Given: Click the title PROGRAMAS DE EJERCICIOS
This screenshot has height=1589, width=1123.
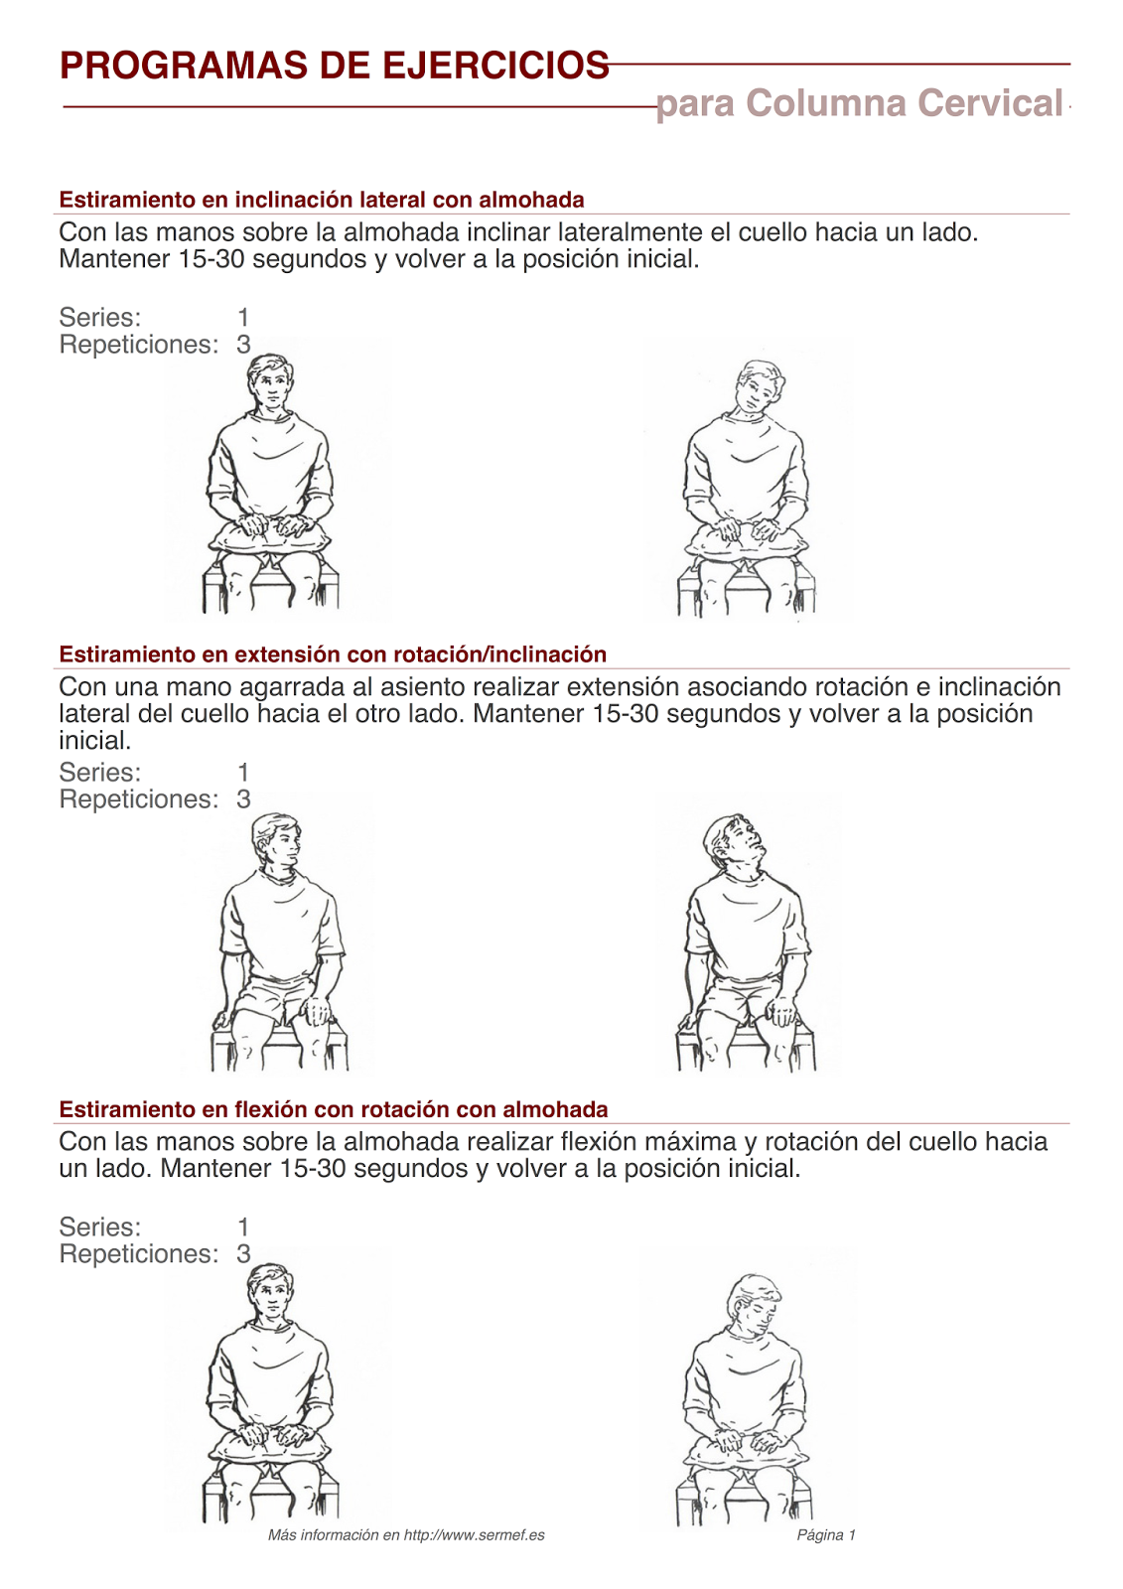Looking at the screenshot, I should [334, 66].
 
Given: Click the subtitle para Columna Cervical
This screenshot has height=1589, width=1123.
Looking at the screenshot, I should [859, 103].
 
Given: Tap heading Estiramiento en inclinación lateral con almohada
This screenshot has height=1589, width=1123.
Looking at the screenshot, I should [321, 200].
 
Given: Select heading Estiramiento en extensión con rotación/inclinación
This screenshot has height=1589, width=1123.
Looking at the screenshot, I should [333, 654].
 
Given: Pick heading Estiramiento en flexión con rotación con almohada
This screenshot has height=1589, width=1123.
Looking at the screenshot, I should [333, 1109].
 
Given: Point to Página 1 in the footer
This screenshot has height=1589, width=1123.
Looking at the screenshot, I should [825, 1534].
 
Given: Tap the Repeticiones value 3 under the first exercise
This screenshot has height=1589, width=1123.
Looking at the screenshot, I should [243, 345].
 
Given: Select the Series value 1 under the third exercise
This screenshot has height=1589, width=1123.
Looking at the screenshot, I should [243, 1228].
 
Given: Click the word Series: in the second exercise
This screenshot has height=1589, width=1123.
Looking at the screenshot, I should [99, 773].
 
